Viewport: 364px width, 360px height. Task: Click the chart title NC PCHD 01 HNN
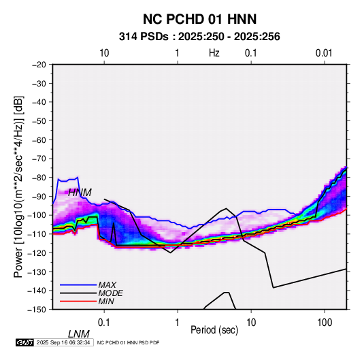click(x=199, y=19)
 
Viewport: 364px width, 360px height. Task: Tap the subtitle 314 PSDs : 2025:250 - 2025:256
click(x=199, y=37)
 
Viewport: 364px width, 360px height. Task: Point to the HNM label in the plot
click(x=80, y=193)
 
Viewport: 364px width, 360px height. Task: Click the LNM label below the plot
click(x=78, y=334)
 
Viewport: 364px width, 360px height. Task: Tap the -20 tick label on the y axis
click(x=39, y=65)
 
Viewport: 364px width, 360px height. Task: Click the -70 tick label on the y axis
click(x=39, y=159)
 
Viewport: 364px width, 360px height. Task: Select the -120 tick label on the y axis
click(x=37, y=252)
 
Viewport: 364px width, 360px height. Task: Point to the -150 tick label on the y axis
click(x=37, y=310)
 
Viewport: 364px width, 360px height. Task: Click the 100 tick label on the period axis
click(x=325, y=323)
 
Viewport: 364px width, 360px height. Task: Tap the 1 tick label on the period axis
click(x=178, y=323)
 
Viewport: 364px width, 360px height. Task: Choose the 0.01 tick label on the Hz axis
click(x=324, y=53)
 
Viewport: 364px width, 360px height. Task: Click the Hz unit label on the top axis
click(x=214, y=53)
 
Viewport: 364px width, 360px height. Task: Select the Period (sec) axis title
click(x=214, y=330)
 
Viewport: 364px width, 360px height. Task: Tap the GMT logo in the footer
click(x=24, y=342)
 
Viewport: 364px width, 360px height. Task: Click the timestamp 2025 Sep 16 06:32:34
click(x=63, y=342)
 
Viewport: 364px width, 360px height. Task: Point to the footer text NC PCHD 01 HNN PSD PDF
click(x=128, y=342)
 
